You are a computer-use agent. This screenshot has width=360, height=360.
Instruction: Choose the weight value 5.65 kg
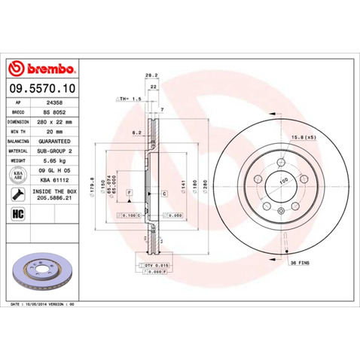53,160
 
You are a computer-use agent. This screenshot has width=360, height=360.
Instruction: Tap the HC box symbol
18,215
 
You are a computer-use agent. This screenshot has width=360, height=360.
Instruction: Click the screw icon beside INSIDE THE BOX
18,195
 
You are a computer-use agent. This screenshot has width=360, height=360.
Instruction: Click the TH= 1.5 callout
130,99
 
